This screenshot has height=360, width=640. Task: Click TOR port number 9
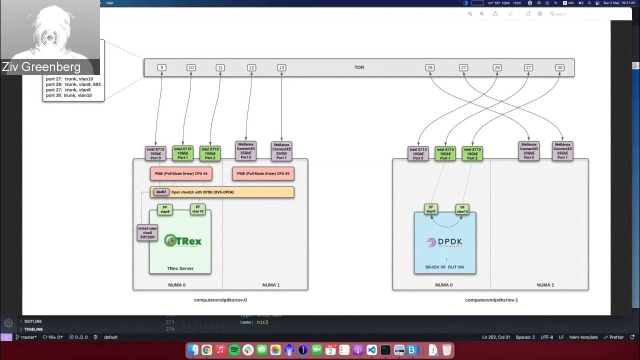(x=161, y=67)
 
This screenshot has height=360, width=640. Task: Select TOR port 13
(x=281, y=67)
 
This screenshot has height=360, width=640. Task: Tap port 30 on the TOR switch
(x=559, y=67)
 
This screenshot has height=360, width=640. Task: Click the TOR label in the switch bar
(x=359, y=67)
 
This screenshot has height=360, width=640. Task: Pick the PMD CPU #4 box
(x=181, y=174)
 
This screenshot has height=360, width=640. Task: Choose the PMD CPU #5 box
(x=263, y=174)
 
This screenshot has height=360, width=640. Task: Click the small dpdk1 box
(x=161, y=192)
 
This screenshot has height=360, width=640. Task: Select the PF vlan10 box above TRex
(x=197, y=209)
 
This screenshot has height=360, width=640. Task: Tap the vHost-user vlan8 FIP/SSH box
(x=147, y=232)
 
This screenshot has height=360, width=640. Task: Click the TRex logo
(x=182, y=241)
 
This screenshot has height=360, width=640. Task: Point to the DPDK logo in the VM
(x=444, y=242)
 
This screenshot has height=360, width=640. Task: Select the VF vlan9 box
(x=430, y=209)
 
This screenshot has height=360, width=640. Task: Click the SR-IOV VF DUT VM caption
(x=444, y=267)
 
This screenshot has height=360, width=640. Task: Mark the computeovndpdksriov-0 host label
(x=220, y=300)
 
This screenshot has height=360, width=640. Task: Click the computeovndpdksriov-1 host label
(x=491, y=300)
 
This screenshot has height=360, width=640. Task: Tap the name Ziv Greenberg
(x=41, y=67)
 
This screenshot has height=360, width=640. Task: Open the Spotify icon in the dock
(x=234, y=350)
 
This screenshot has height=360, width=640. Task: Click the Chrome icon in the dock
(x=206, y=350)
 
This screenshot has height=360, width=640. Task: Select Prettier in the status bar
(x=616, y=337)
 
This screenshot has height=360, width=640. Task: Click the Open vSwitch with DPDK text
(x=202, y=192)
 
